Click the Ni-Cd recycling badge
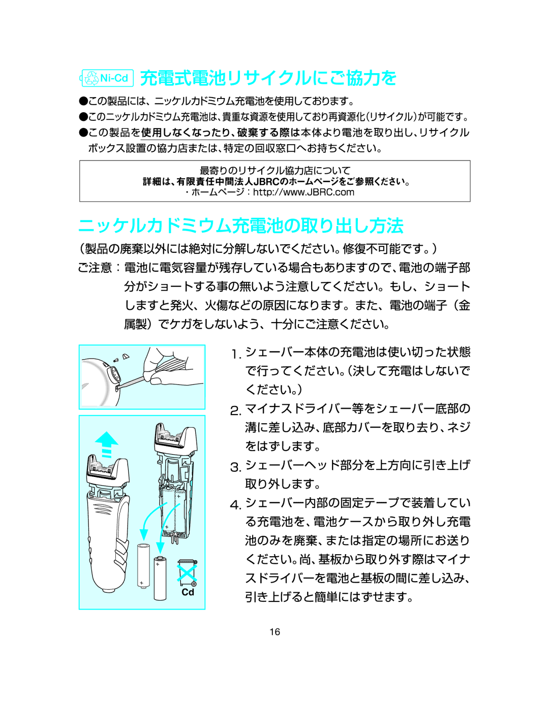[x=107, y=78]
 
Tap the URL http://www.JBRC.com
[x=303, y=193]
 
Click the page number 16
[x=274, y=632]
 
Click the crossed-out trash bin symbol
[x=187, y=572]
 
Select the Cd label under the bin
[x=188, y=592]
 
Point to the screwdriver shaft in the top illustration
[x=131, y=380]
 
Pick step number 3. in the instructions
[x=235, y=467]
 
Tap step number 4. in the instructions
[x=235, y=505]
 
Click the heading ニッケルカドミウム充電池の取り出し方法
[x=241, y=226]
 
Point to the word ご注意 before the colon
[x=95, y=268]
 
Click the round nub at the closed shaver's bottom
[x=108, y=589]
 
